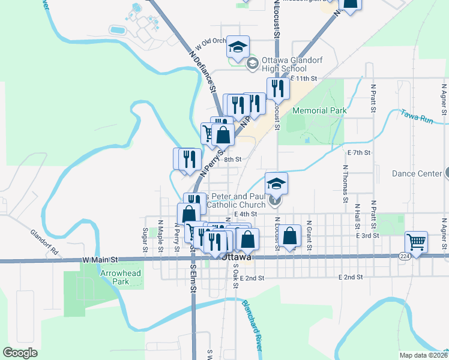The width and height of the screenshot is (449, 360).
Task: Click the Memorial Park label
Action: click(319, 111)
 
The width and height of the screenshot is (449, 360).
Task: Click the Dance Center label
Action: click(417, 174)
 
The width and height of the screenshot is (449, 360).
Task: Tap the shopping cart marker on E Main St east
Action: click(416, 242)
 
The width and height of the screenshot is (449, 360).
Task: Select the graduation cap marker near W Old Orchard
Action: click(238, 47)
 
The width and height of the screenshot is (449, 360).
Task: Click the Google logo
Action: click(20, 353)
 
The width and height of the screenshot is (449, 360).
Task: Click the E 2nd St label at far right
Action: click(351, 277)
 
